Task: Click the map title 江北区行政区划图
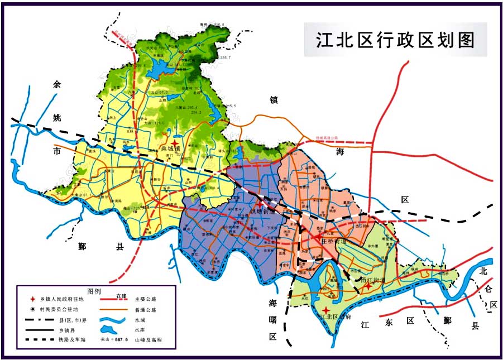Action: (x=395, y=40)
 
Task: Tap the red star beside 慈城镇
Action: (x=176, y=144)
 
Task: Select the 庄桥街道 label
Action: (x=335, y=242)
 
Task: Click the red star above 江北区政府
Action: (x=326, y=309)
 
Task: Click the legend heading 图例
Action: (x=94, y=291)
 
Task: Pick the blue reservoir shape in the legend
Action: (x=111, y=329)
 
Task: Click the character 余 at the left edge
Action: (x=56, y=85)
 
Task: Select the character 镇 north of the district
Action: (x=274, y=100)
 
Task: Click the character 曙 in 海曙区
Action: (x=273, y=320)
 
